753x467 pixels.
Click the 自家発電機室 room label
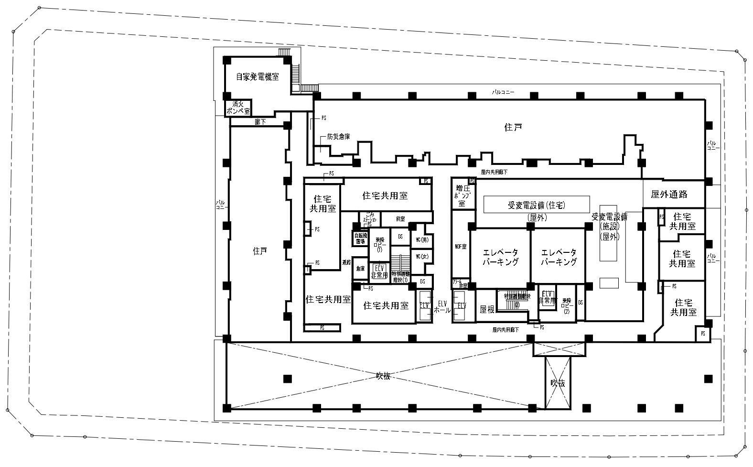(x=257, y=76)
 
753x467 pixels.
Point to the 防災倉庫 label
(x=338, y=137)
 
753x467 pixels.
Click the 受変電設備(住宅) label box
(x=536, y=205)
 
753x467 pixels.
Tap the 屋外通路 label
(x=669, y=194)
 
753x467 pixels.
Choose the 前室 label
(x=400, y=218)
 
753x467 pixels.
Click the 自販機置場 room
(x=360, y=238)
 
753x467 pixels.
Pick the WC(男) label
(x=421, y=239)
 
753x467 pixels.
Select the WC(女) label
(x=421, y=257)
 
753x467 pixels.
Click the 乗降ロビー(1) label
(x=380, y=243)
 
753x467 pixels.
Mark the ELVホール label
(x=442, y=306)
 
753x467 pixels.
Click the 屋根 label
(x=486, y=309)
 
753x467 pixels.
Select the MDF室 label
(x=460, y=247)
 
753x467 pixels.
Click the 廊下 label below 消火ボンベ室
(x=260, y=122)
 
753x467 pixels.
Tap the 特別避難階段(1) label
(x=399, y=277)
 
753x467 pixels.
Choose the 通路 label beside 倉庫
(x=346, y=262)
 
